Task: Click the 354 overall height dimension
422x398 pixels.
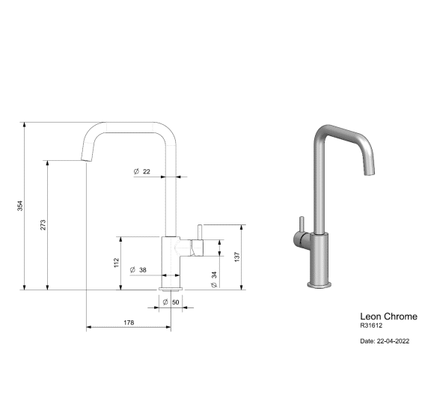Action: [20, 206]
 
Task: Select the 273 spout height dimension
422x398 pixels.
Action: [43, 224]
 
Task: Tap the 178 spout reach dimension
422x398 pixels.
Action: [129, 322]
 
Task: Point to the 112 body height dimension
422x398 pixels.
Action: [116, 263]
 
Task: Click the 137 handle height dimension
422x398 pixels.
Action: [237, 257]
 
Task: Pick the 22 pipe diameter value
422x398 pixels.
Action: [147, 171]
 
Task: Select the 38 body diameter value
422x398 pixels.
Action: [143, 270]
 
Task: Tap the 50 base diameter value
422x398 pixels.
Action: [176, 302]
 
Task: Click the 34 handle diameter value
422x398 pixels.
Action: [214, 275]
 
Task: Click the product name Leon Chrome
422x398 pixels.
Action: [388, 316]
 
